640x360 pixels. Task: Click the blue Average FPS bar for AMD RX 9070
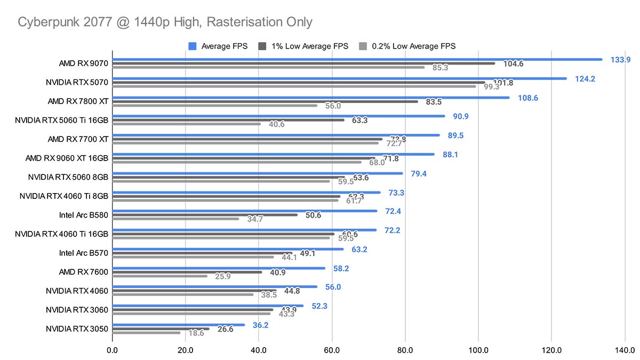(357, 59)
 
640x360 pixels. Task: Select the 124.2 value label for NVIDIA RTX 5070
(585, 79)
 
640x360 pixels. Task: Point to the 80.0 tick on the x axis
(405, 351)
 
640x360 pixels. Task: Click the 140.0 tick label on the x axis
(624, 351)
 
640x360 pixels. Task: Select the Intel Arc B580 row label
(84, 215)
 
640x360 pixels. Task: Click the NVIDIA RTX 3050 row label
(77, 329)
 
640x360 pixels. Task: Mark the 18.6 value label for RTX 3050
(196, 333)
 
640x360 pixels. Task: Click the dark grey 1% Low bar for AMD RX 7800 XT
(265, 101)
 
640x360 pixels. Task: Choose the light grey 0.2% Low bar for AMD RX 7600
(160, 276)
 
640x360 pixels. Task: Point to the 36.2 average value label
(260, 324)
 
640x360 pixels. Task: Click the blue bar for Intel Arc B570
(228, 249)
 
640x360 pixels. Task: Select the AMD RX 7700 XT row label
(78, 139)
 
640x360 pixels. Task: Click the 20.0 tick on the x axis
(186, 351)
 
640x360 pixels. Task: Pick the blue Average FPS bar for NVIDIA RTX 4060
(215, 286)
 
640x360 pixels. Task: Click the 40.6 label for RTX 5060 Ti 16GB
(276, 124)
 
